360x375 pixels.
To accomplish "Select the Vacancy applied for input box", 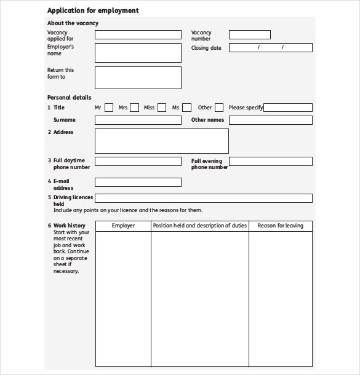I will pyautogui.click(x=138, y=35).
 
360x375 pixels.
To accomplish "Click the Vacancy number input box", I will pyautogui.click(x=249, y=35).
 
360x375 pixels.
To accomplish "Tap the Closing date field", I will pyautogui.click(x=270, y=47).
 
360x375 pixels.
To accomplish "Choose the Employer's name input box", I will pyautogui.click(x=138, y=52).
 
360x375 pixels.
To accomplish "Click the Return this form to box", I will pyautogui.click(x=138, y=77).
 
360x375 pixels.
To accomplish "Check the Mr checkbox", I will pyautogui.click(x=109, y=108).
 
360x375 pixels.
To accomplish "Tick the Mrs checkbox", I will pyautogui.click(x=135, y=108).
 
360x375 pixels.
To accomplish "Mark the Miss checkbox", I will pyautogui.click(x=162, y=108).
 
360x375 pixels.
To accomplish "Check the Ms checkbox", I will pyautogui.click(x=187, y=108).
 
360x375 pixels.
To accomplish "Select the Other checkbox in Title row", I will pyautogui.click(x=220, y=108).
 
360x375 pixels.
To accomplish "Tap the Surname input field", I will pyautogui.click(x=138, y=120).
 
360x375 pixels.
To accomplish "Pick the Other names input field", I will pyautogui.click(x=270, y=120).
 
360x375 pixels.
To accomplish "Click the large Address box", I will pyautogui.click(x=161, y=141).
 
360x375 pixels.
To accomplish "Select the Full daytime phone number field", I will pyautogui.click(x=138, y=161).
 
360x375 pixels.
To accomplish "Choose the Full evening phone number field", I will pyautogui.click(x=270, y=161).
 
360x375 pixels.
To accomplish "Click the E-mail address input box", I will pyautogui.click(x=138, y=182).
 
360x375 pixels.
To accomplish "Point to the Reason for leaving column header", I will pyautogui.click(x=280, y=226).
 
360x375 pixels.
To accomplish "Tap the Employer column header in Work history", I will pyautogui.click(x=123, y=226).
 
